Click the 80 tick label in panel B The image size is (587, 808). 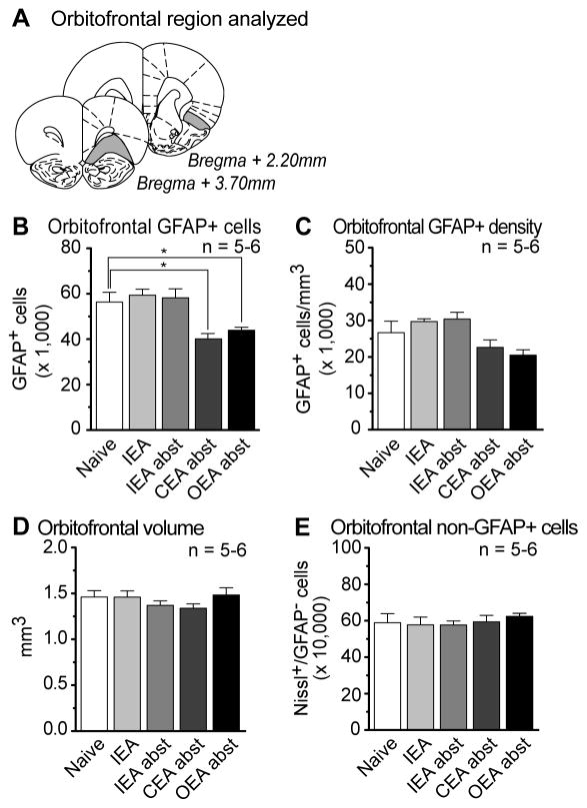[67, 247]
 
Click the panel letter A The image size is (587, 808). [15, 18]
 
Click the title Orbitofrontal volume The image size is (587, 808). [117, 519]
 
